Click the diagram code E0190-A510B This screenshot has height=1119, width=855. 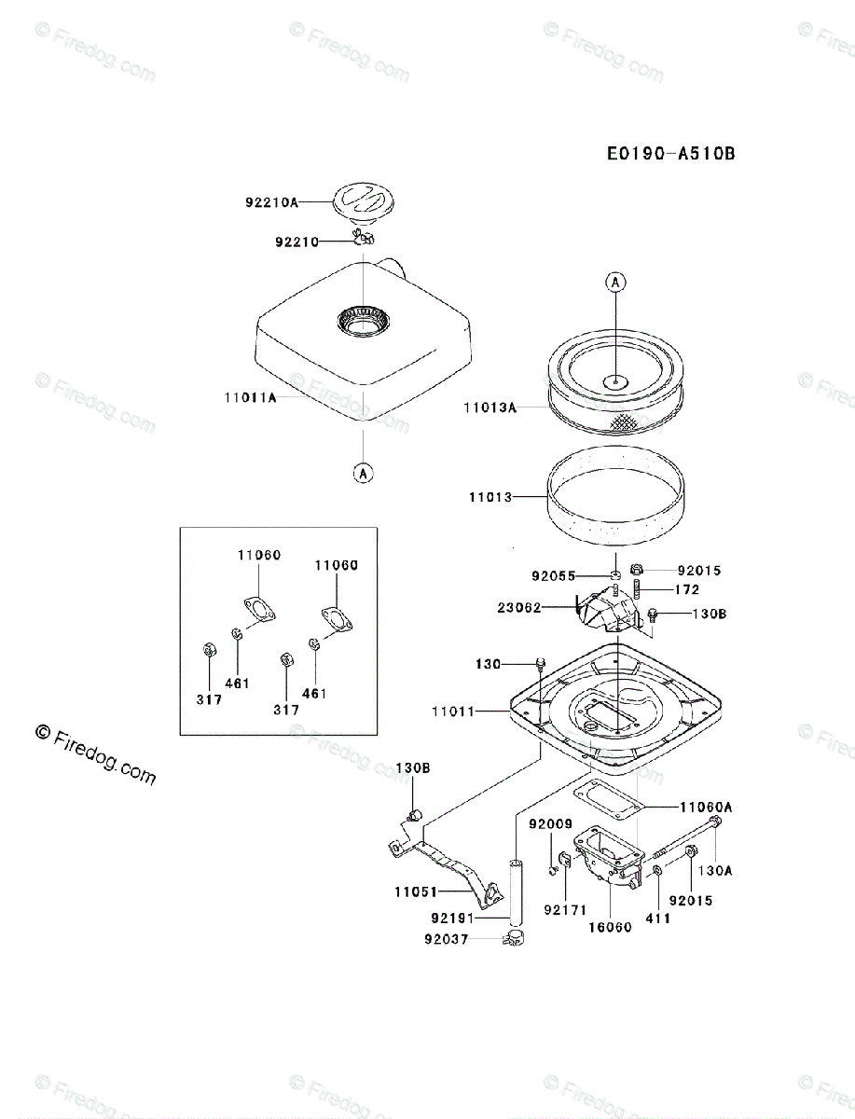(x=670, y=154)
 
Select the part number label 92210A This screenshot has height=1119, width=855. (x=271, y=202)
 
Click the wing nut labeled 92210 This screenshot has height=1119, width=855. (x=364, y=237)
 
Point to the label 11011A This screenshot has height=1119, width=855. (x=250, y=397)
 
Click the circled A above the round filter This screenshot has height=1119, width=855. (x=615, y=282)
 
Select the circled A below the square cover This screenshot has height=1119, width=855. (x=364, y=474)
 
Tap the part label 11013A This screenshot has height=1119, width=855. (x=490, y=408)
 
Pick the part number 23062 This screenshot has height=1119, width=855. (x=519, y=608)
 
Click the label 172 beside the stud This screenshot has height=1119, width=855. (x=687, y=589)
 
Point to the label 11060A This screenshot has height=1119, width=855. (x=706, y=807)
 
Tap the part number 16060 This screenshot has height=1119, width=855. (x=610, y=927)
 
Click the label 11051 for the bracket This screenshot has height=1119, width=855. (x=416, y=891)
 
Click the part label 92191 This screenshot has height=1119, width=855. (x=452, y=919)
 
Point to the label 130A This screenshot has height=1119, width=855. (x=715, y=870)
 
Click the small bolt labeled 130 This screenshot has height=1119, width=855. (x=541, y=663)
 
